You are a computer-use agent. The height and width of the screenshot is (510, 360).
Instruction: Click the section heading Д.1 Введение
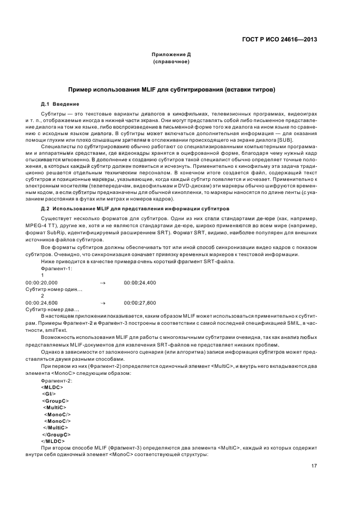click(60, 104)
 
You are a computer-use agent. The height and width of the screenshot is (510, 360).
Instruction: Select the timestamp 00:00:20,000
click(42, 282)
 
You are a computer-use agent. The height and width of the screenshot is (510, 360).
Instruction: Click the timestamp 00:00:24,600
click(42, 302)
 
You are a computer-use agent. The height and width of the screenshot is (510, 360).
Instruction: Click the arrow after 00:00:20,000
click(102, 282)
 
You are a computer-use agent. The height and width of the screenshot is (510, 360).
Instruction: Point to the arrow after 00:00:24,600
click(102, 302)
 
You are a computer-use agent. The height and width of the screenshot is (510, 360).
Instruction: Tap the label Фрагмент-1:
click(57, 269)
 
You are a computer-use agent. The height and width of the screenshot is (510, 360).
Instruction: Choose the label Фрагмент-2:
click(57, 380)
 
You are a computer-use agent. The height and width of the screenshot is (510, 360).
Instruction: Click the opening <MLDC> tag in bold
click(52, 387)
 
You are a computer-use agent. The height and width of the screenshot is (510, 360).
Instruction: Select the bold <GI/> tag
click(49, 393)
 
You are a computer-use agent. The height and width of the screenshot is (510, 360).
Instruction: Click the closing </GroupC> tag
click(56, 434)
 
